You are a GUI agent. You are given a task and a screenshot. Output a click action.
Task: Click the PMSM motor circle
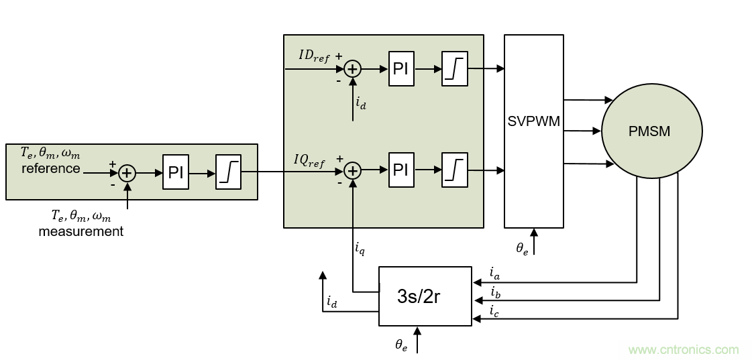[651, 131]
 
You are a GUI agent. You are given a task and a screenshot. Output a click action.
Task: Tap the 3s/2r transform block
[425, 296]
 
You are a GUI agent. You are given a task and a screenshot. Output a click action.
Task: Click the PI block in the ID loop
[400, 68]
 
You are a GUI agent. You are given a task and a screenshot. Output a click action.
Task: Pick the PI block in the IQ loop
[400, 170]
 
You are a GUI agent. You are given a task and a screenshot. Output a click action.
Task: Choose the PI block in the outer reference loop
[176, 173]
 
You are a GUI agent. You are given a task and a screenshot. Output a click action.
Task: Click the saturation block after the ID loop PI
[454, 68]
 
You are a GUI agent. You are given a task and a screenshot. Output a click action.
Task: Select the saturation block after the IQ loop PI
[454, 170]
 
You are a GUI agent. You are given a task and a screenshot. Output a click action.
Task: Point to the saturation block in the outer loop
[229, 173]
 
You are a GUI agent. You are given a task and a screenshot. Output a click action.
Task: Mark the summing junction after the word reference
[127, 174]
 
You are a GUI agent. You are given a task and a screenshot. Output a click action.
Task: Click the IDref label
[314, 56]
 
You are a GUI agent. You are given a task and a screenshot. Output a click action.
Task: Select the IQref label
[309, 160]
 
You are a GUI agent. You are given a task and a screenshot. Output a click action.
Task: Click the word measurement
[80, 231]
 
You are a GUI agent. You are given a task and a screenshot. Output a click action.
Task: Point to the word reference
[50, 168]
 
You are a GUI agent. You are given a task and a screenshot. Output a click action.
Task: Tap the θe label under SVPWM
[522, 248]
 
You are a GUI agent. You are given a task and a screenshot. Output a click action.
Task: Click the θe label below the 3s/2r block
[401, 345]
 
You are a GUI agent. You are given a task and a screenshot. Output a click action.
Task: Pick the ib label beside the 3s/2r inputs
[495, 292]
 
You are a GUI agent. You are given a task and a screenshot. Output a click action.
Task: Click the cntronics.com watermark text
[683, 349]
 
